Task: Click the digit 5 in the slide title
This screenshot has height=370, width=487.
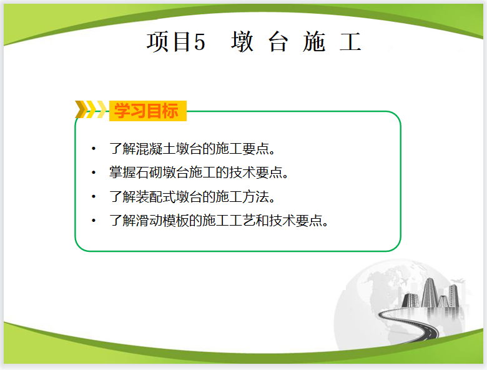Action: [200, 42]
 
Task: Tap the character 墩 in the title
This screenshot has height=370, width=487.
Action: [242, 42]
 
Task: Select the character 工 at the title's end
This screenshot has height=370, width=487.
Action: [350, 42]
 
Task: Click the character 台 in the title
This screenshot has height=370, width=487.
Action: [278, 42]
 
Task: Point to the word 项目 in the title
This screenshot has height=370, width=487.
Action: [169, 42]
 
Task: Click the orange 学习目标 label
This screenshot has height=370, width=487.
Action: [147, 111]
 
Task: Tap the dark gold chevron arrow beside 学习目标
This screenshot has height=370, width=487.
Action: [81, 109]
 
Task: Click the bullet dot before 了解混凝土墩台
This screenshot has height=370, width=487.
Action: [94, 149]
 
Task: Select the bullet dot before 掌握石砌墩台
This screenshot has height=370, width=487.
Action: [94, 172]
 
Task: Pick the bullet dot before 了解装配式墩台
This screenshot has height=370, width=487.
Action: [94, 196]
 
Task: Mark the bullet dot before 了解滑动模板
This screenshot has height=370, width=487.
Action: [94, 221]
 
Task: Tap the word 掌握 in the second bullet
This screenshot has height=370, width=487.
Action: [122, 172]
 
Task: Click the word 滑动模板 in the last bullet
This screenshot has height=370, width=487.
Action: [162, 221]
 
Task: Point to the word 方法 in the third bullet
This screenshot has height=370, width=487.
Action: [255, 196]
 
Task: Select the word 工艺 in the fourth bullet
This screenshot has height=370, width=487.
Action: [242, 221]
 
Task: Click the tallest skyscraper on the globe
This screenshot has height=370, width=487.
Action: [430, 292]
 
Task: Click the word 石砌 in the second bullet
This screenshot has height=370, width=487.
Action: [149, 172]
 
